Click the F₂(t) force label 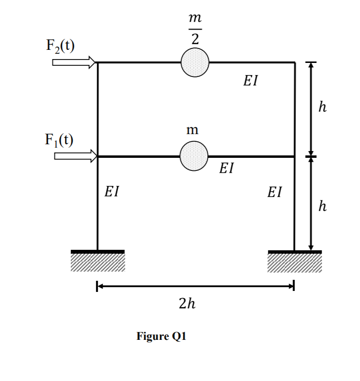pos(60,46)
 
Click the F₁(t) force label pos(60,139)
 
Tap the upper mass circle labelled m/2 pos(195,62)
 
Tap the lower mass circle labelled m pos(194,156)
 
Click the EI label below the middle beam pos(226,168)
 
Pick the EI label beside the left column pos(112,192)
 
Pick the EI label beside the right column pos(274,192)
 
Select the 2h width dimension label pos(188,304)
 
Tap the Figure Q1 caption pos(161,336)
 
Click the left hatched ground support pos(97,261)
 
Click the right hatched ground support pos(295,261)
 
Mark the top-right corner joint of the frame pos(295,62)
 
